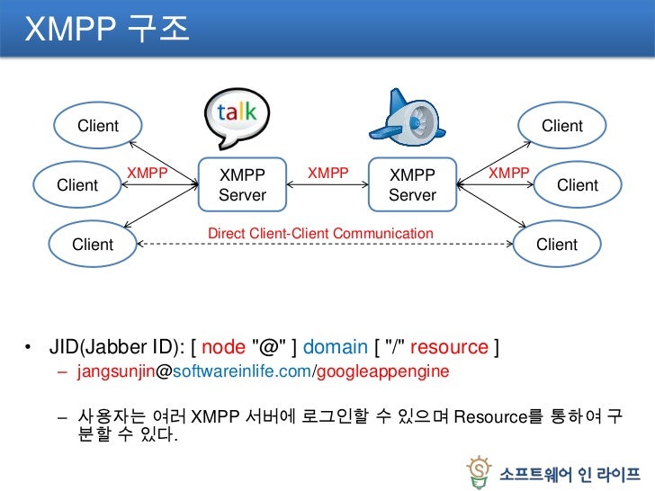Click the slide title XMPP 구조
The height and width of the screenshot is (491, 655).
pos(106,29)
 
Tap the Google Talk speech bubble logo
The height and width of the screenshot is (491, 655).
pos(237,120)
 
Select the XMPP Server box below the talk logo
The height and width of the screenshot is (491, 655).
pos(242,184)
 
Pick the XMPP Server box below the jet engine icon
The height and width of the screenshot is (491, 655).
pos(412,184)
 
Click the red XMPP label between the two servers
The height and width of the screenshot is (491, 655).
pos(328,172)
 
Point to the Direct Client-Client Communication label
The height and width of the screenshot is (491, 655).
pos(320,234)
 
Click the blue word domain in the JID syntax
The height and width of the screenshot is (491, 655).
pos(336,347)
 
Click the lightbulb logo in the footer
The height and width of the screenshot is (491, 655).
pos(480,469)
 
